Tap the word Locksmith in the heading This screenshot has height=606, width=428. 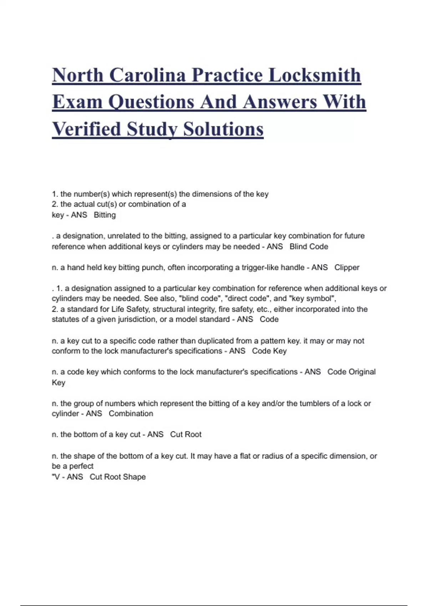[315, 75]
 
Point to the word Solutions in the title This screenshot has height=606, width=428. [223, 129]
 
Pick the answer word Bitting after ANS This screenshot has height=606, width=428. [105, 215]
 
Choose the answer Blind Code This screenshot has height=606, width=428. [309, 247]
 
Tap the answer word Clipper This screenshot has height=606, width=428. [347, 267]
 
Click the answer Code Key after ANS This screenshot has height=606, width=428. [269, 351]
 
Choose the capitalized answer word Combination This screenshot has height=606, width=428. [131, 414]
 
